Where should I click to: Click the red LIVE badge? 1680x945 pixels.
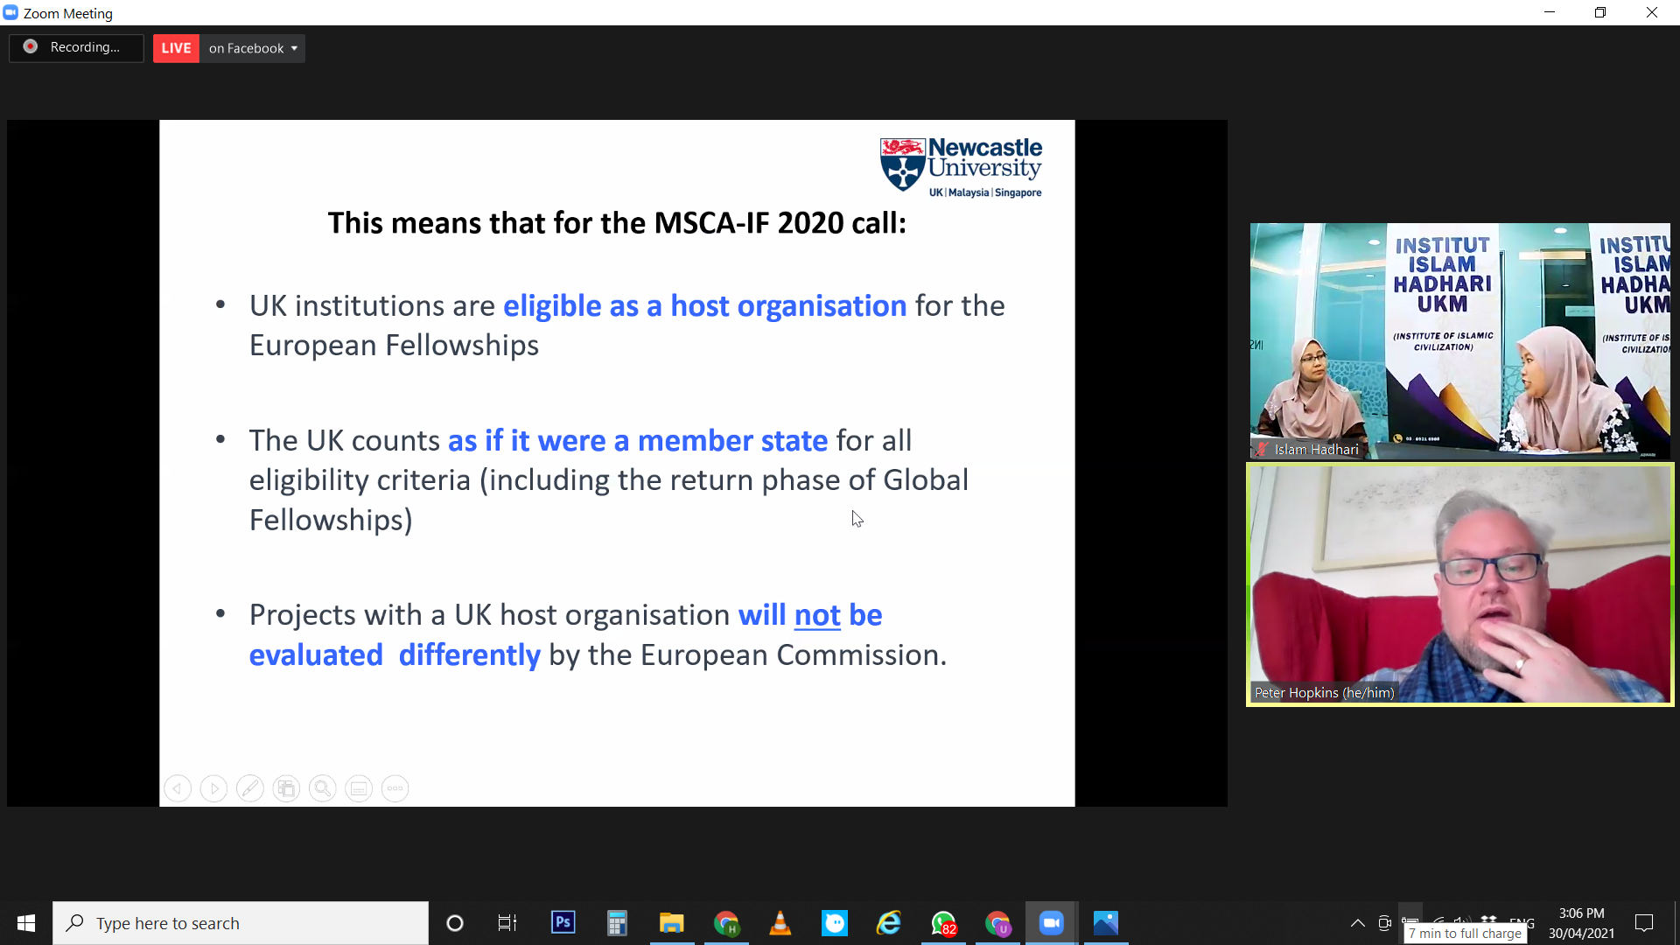[176, 48]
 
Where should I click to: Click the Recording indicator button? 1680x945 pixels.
[76, 47]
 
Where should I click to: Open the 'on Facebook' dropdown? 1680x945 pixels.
[253, 48]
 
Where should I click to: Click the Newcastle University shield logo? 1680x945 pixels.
[902, 164]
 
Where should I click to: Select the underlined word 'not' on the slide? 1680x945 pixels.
[817, 615]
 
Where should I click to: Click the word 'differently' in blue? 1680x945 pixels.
[469, 655]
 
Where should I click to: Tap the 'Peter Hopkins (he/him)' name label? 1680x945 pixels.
[1324, 692]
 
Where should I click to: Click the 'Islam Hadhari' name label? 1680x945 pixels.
[1316, 450]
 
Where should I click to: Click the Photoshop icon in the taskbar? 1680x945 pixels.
[563, 922]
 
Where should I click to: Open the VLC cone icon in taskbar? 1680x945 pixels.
[780, 922]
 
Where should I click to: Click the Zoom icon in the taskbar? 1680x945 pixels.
[1051, 922]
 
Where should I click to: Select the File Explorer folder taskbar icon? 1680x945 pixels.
[671, 922]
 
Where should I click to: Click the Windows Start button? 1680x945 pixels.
[26, 922]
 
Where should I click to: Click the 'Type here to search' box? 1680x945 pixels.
[241, 923]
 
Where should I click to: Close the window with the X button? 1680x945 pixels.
[1652, 12]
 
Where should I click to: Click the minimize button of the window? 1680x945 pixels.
[1550, 12]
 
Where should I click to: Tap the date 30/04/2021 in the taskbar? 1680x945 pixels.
[1581, 933]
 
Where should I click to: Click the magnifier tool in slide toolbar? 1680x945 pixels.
[322, 788]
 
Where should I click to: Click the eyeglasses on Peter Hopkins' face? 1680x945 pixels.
[1491, 570]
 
